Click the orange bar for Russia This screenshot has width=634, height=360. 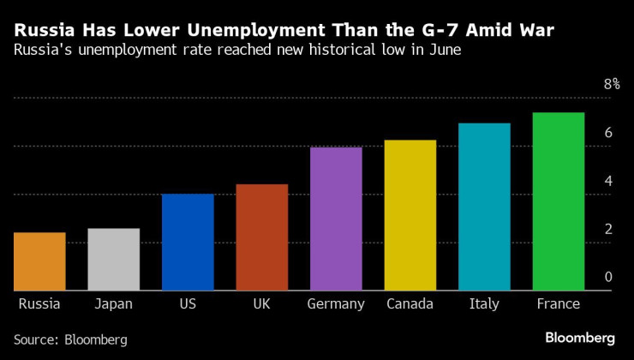click(x=39, y=261)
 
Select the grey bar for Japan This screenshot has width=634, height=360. click(x=114, y=259)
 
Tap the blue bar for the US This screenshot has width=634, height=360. click(x=188, y=242)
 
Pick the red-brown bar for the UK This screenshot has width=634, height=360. click(x=261, y=237)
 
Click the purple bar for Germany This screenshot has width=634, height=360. click(x=336, y=219)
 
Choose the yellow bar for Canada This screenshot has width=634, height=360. click(x=410, y=215)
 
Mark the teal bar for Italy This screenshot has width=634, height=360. click(x=484, y=207)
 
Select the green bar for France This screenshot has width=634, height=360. click(x=559, y=201)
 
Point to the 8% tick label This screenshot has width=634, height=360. click(x=611, y=84)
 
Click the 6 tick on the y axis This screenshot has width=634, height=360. click(x=608, y=133)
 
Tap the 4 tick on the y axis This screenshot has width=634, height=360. click(x=608, y=181)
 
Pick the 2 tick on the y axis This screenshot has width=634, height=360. click(x=608, y=229)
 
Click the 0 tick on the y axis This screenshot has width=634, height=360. click(x=608, y=277)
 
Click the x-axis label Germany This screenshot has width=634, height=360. click(x=336, y=304)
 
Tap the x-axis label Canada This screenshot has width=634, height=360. click(x=410, y=304)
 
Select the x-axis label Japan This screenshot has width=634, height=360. click(x=113, y=304)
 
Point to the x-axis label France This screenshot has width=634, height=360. click(x=558, y=304)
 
